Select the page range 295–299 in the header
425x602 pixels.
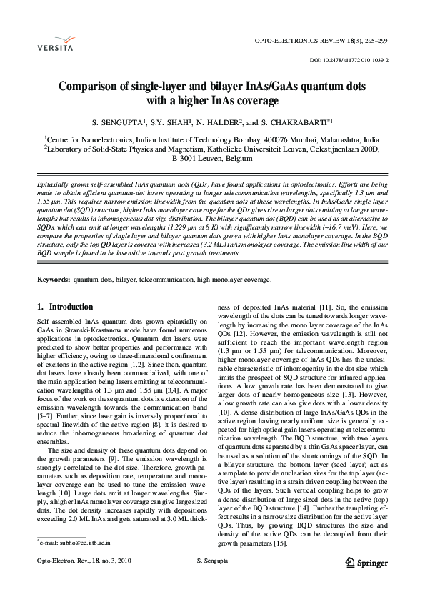click(374, 44)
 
